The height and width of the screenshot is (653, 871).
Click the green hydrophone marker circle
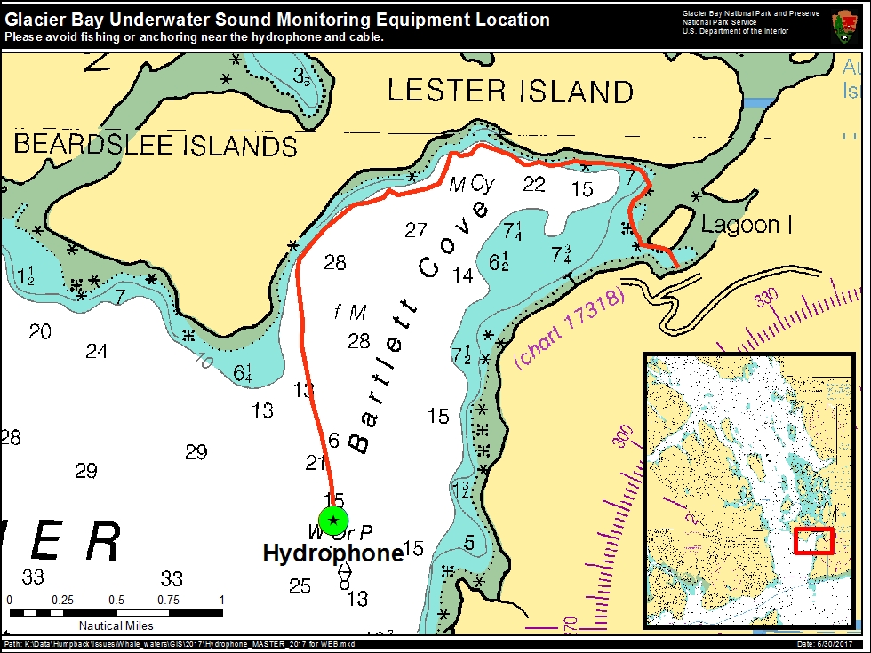click(333, 520)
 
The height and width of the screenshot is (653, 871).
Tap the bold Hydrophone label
click(333, 553)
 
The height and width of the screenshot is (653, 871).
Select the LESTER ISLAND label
click(511, 92)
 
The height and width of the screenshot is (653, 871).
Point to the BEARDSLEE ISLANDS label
click(156, 145)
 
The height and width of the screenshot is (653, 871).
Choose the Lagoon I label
click(747, 225)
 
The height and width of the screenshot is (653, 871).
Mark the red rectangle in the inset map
click(813, 540)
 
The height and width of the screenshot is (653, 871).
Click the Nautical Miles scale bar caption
click(116, 625)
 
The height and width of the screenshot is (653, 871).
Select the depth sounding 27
click(416, 230)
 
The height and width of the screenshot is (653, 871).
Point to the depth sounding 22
click(534, 184)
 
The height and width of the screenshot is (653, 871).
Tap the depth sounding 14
click(462, 275)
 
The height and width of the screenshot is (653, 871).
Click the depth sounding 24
click(96, 352)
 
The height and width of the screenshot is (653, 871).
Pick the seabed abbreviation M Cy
click(471, 184)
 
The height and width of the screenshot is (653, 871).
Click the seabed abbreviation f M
click(350, 312)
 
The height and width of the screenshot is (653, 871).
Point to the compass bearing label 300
click(624, 435)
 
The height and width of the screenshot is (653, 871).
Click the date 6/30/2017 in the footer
click(831, 644)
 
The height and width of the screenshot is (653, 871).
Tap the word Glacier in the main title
click(35, 20)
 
